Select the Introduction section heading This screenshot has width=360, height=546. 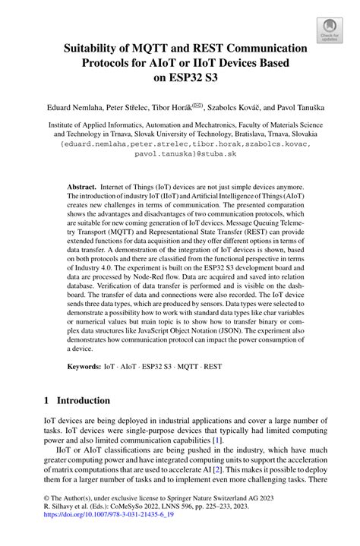coord(77,400)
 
